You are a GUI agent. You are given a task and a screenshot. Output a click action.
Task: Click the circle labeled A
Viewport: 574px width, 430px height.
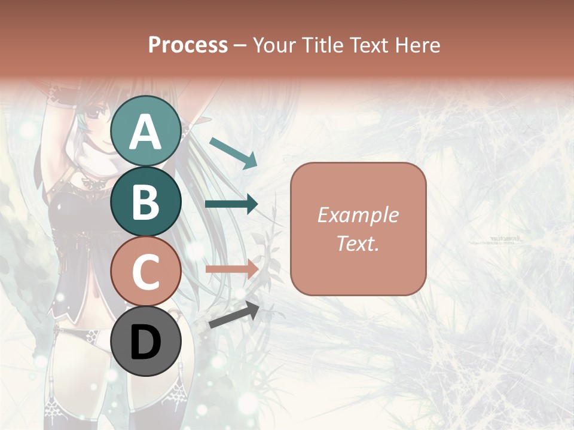[145, 131]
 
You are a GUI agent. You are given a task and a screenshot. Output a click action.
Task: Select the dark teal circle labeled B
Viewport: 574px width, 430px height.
[145, 201]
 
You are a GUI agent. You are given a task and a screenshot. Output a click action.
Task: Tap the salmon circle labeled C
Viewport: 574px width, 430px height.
[145, 271]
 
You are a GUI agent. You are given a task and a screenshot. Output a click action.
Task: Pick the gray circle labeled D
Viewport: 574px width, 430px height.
[145, 341]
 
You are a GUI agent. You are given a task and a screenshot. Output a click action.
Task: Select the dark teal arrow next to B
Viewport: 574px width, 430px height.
[231, 204]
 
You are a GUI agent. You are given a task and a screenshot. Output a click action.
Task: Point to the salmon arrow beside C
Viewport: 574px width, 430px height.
[231, 269]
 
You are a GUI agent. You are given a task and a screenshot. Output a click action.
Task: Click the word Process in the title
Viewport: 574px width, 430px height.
[188, 45]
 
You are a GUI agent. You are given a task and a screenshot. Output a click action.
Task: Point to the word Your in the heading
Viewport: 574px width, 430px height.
[274, 45]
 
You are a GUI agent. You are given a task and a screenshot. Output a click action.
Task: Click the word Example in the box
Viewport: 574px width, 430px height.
[358, 215]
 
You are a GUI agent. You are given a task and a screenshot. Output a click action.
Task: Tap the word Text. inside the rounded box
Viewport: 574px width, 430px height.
[358, 243]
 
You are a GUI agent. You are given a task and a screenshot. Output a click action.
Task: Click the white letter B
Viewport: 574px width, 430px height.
[145, 202]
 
